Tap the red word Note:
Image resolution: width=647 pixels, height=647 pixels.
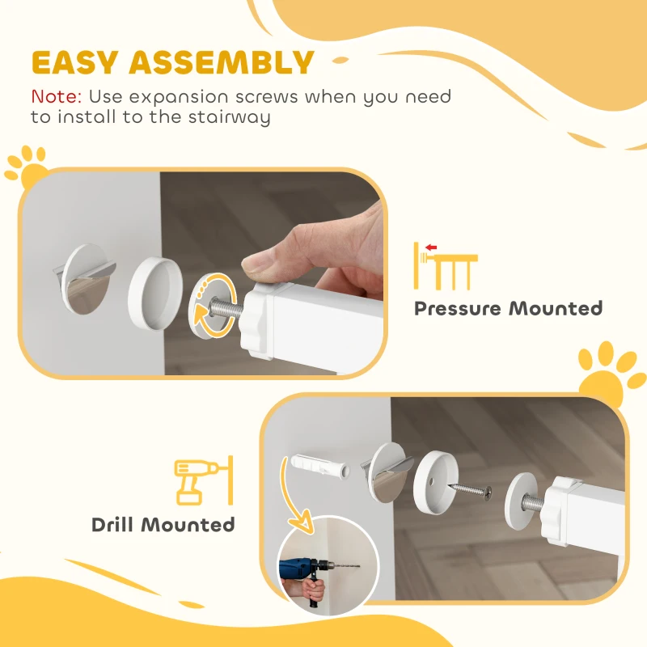[56, 96]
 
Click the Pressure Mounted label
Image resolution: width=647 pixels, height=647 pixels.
[508, 308]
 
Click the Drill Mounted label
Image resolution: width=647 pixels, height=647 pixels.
[163, 524]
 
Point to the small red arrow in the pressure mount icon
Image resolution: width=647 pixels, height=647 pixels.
[431, 247]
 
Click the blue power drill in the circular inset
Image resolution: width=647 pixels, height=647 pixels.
[303, 571]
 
